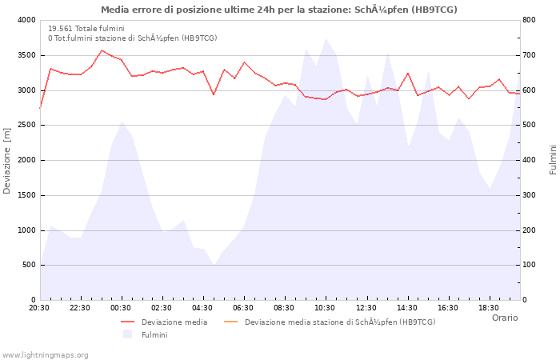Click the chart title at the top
[279, 10]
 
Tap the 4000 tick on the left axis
[26, 20]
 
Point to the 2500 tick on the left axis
[26, 126]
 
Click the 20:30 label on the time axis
[39, 308]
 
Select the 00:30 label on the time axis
[121, 308]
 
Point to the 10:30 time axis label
[325, 308]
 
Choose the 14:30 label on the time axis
[406, 308]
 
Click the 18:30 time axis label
[488, 308]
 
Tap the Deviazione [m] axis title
[8, 160]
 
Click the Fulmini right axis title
[552, 160]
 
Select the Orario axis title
[505, 318]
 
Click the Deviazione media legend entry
[174, 322]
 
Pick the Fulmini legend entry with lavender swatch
[154, 334]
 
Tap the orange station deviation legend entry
[339, 322]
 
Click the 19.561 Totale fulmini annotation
[86, 28]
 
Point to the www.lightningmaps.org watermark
[46, 354]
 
